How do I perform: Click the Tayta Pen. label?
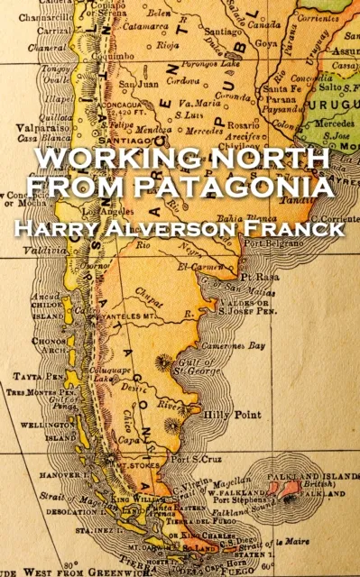click(29, 376)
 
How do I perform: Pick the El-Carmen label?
click(205, 265)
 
